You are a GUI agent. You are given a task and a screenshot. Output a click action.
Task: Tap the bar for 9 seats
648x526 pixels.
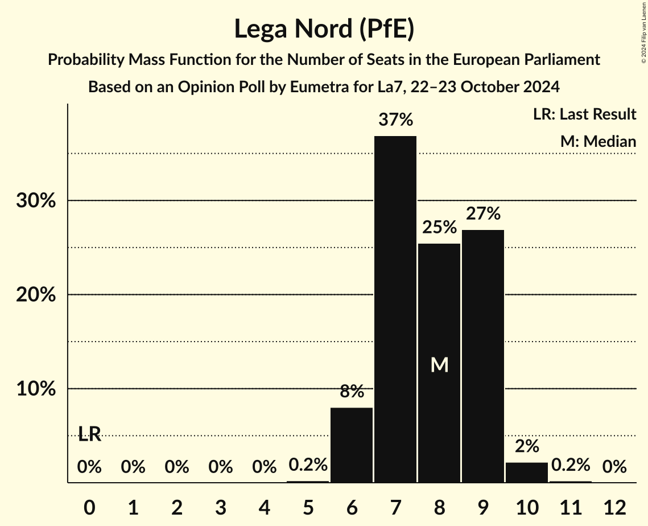(483, 356)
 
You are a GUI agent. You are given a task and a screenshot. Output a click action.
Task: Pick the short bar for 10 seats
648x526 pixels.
(527, 472)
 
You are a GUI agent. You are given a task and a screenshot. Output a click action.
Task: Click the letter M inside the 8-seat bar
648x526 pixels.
(439, 365)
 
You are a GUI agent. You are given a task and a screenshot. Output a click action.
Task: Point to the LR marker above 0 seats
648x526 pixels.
(89, 434)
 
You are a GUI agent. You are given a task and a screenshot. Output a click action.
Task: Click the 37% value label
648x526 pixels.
(395, 120)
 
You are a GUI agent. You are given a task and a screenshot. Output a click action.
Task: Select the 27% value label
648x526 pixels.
(483, 214)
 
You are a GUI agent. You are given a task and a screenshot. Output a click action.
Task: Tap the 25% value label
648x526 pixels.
(439, 228)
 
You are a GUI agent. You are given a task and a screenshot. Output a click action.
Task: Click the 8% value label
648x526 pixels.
(352, 392)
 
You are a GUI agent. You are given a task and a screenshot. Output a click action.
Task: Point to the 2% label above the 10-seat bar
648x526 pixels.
(527, 446)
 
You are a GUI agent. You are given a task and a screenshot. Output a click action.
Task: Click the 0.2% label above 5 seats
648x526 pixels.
(308, 465)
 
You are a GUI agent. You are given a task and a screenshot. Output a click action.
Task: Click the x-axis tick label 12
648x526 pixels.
(614, 507)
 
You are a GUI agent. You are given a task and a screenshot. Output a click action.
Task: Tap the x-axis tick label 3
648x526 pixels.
(220, 507)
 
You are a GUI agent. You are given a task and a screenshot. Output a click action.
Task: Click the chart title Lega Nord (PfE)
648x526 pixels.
(324, 29)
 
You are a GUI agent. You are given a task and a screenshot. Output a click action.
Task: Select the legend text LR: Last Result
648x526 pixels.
(584, 114)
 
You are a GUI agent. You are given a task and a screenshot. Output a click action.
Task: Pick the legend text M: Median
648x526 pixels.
(598, 142)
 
